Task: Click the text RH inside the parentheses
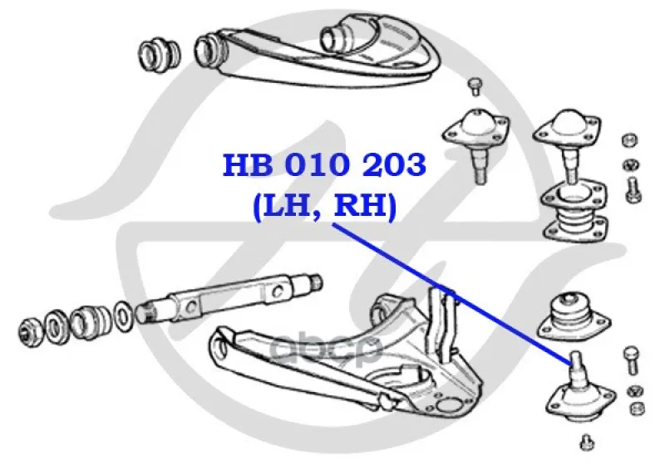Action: point(361,207)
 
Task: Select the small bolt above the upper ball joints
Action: point(475,87)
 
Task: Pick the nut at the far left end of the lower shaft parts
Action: point(31,330)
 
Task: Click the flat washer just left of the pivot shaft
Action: point(123,316)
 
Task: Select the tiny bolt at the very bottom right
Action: point(587,442)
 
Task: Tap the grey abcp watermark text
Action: point(326,349)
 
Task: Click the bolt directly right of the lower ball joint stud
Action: point(632,360)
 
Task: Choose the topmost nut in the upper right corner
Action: point(630,140)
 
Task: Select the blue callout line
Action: point(452,293)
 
